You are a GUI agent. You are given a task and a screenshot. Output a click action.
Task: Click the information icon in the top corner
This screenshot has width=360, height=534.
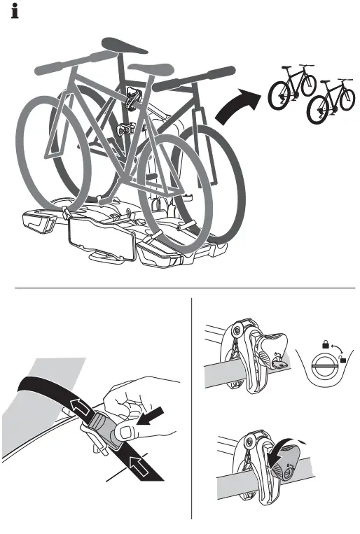pos(14,12)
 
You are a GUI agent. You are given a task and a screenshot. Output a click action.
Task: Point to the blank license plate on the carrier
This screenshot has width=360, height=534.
pos(99,240)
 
